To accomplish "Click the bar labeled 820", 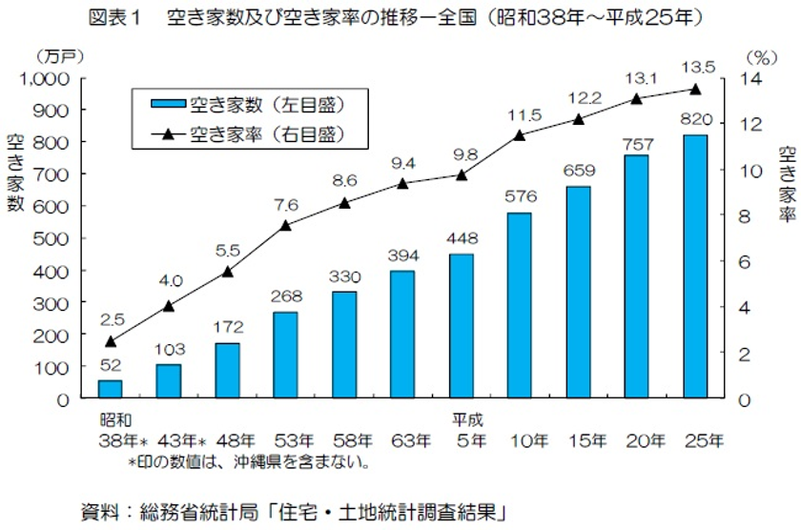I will click(x=695, y=267).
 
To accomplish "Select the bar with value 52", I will click(x=111, y=389).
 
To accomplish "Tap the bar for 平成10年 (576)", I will click(x=520, y=305).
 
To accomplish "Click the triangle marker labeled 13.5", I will click(x=695, y=90).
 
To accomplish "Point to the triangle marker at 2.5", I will click(x=111, y=341).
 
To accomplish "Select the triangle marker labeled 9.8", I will click(x=462, y=174).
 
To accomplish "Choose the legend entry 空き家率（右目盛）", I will click(x=238, y=133).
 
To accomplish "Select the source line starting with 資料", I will click(x=291, y=509).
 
